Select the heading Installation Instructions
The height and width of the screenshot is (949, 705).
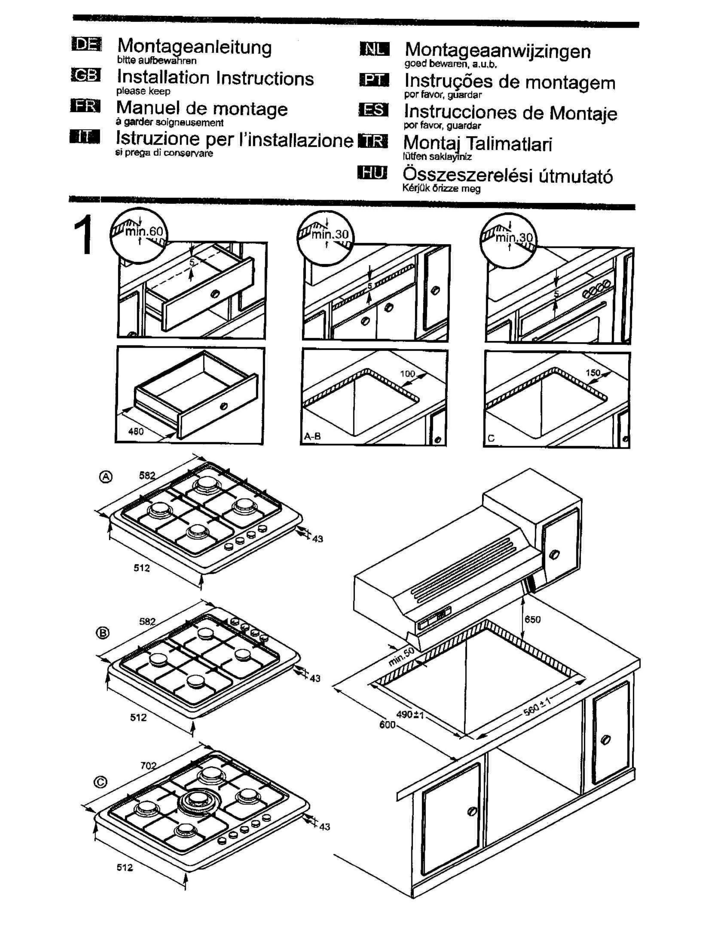215,78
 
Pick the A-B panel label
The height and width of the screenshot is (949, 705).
312,436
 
